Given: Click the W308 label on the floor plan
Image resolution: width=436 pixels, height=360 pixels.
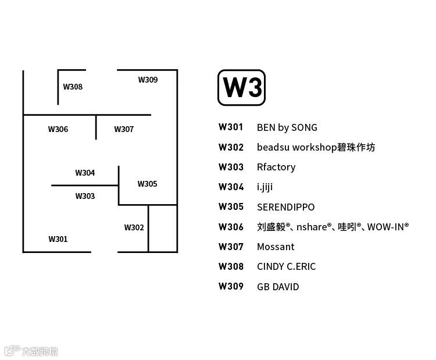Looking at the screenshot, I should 73,87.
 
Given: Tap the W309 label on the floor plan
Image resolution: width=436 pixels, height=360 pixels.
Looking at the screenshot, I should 148,80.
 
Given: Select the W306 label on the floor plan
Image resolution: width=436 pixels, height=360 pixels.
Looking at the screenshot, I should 58,130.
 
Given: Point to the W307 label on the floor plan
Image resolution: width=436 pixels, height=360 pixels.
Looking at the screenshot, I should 124,130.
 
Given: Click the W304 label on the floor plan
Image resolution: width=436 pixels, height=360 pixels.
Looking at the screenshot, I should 85,173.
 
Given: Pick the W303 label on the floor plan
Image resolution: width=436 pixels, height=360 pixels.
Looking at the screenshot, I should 85,197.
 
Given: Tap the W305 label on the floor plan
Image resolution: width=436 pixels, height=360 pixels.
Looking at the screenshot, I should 147,184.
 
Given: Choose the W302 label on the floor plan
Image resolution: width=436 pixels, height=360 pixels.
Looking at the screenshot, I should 134,228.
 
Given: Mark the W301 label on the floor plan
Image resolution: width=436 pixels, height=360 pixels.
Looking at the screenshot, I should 58,239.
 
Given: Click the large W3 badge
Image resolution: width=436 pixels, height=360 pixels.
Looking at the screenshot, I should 241,88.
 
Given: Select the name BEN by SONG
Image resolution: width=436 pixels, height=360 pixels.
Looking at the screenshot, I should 287,127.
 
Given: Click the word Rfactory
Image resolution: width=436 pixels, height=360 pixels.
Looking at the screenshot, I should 276,167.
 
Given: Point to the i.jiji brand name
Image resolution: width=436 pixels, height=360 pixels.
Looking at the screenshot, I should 265,187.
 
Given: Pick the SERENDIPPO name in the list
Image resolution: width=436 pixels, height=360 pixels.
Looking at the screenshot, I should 285,207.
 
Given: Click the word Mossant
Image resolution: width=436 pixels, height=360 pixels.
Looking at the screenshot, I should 276,247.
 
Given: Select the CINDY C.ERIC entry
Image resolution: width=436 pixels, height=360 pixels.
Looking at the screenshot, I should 286,267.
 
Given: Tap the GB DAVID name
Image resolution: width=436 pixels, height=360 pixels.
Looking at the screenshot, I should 278,287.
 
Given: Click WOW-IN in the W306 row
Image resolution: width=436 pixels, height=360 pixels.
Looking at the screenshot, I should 387,227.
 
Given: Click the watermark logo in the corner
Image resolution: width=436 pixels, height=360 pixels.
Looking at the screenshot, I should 31,351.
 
